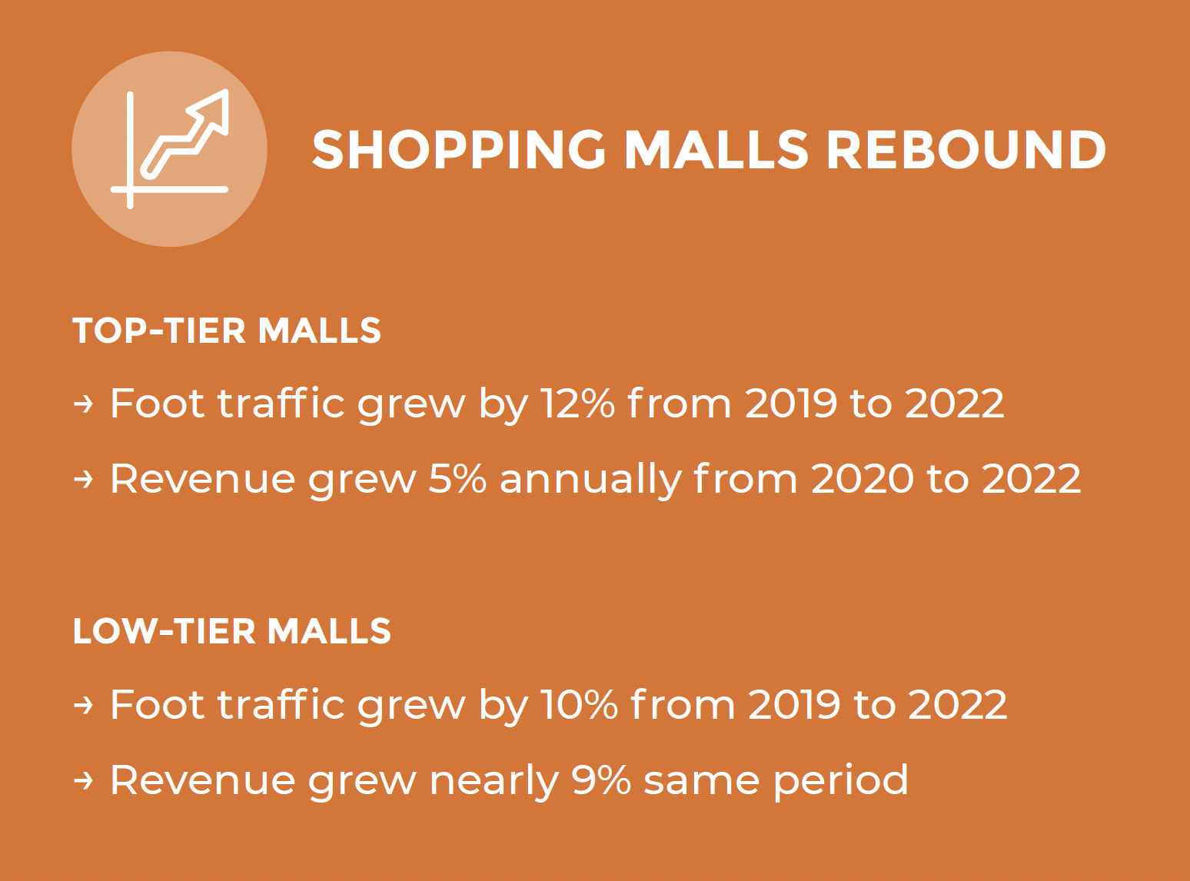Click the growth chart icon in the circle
[x=169, y=148]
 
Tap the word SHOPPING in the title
[x=459, y=150]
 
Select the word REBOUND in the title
[x=966, y=150]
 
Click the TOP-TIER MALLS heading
[x=227, y=331]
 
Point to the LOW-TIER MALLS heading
[x=232, y=631]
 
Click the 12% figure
[x=578, y=403]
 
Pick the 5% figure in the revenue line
[x=457, y=479]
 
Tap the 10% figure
[x=580, y=704]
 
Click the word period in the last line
[x=841, y=780]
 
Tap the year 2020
[x=862, y=479]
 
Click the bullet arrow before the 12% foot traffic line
[x=83, y=404]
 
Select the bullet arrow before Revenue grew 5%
[x=83, y=479]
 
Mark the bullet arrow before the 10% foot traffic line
[x=83, y=704]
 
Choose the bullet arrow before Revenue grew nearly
[x=83, y=780]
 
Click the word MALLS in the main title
[x=716, y=150]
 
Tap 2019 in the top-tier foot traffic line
[x=791, y=403]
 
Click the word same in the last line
[x=701, y=783]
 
